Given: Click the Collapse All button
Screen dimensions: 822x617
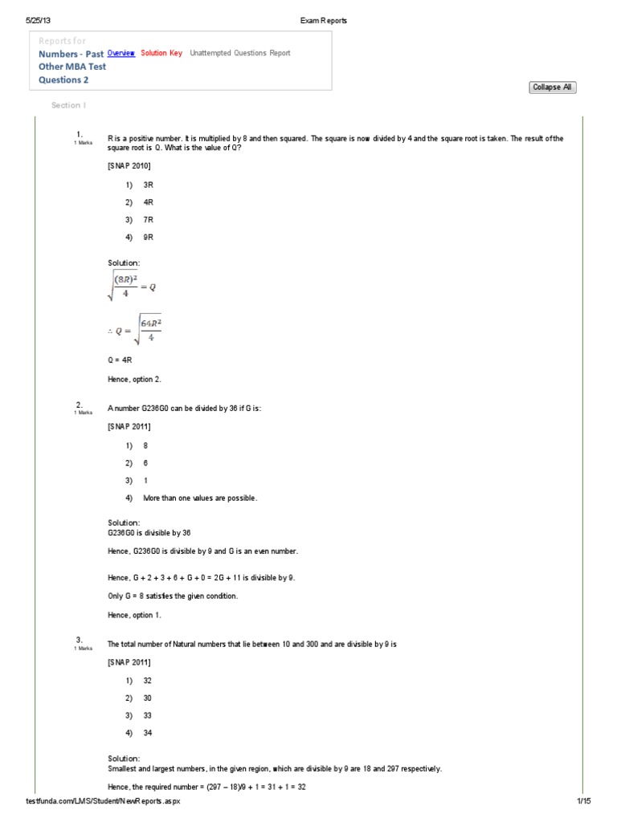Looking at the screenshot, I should [x=552, y=87].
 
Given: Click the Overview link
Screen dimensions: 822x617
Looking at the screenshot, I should [x=121, y=53].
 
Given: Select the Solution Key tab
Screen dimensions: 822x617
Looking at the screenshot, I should [x=161, y=53].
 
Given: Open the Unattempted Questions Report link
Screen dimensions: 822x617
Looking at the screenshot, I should [x=240, y=53].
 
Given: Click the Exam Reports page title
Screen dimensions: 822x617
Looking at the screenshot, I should [x=325, y=21].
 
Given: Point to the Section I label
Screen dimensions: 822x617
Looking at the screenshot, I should [x=68, y=105].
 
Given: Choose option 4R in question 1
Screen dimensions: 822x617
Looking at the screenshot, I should [x=148, y=202].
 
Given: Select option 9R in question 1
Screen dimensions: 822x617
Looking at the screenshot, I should [x=148, y=238].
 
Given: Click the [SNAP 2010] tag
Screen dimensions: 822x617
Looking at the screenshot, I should [x=129, y=165].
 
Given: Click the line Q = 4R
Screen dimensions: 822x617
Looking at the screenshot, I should [x=120, y=361].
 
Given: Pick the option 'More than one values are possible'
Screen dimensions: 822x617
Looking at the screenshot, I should [x=200, y=498].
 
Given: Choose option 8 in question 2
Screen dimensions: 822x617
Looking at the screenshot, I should [x=145, y=445].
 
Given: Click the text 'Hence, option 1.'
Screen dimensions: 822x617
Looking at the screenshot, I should [x=134, y=615].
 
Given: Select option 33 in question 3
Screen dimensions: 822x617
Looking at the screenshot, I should [x=148, y=715].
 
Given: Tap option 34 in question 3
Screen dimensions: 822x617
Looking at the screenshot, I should [x=148, y=733].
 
